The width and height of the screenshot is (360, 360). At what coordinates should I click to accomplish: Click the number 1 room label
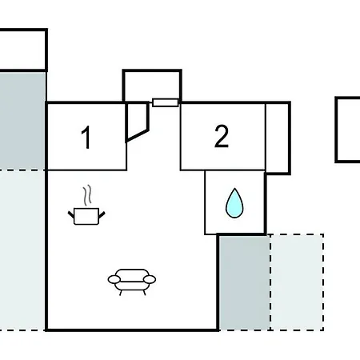86,138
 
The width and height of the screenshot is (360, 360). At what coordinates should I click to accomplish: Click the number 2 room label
222,136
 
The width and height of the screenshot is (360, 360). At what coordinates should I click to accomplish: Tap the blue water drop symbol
234,203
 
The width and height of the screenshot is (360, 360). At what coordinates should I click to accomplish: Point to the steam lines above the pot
87,195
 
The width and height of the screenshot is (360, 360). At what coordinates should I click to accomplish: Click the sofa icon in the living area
132,282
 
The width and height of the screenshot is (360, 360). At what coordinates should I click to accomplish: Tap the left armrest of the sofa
114,279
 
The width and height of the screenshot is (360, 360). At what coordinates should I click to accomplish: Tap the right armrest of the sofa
150,279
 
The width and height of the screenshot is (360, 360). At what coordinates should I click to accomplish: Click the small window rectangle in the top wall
166,102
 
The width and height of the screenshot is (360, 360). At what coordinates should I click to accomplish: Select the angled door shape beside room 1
137,122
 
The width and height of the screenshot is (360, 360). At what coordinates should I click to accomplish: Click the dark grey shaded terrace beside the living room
244,282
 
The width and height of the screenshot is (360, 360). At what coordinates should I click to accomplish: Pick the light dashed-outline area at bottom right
297,282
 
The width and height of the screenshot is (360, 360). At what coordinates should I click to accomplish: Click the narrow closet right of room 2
278,138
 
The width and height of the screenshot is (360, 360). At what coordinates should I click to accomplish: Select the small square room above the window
152,86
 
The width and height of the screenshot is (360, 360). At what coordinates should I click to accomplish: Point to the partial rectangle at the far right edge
347,130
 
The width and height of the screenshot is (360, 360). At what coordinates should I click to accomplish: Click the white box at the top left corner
23,50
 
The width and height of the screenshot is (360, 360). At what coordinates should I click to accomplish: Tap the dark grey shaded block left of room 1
22,121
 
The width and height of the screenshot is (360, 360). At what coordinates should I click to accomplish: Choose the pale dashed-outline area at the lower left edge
22,250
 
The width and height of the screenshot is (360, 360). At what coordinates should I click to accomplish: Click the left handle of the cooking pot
71,214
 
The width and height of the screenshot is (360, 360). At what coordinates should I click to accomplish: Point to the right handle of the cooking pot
102,214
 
